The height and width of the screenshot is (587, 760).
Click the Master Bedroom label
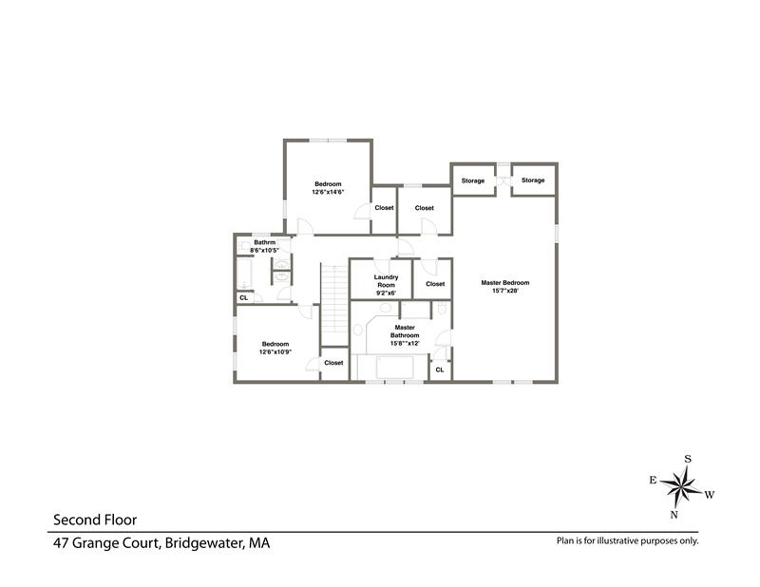pyautogui.click(x=505, y=283)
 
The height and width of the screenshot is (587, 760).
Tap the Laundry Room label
pyautogui.click(x=387, y=281)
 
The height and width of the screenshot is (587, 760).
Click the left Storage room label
pyautogui.click(x=473, y=180)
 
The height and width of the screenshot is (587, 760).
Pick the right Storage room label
pyautogui.click(x=533, y=180)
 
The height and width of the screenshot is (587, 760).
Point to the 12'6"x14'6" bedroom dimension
pyautogui.click(x=328, y=192)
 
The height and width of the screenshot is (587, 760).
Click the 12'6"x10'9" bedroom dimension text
pyautogui.click(x=275, y=352)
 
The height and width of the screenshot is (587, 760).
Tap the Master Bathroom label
pyautogui.click(x=405, y=331)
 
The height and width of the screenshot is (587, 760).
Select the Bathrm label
pyautogui.click(x=265, y=242)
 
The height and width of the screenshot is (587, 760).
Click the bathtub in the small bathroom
pyautogui.click(x=244, y=274)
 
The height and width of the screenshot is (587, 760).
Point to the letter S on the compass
pyautogui.click(x=688, y=459)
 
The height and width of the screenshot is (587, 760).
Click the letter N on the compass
pyautogui.click(x=674, y=515)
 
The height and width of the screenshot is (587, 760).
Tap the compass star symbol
pyautogui.click(x=680, y=485)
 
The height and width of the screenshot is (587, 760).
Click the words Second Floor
pyautogui.click(x=95, y=521)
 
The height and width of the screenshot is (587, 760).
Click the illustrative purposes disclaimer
pyautogui.click(x=628, y=541)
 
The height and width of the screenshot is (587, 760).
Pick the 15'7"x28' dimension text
pyautogui.click(x=505, y=291)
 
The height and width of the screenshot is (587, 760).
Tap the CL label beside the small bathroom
pyautogui.click(x=244, y=298)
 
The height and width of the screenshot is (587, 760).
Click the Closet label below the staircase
pyautogui.click(x=334, y=363)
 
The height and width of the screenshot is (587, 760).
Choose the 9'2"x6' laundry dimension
pyautogui.click(x=387, y=293)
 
